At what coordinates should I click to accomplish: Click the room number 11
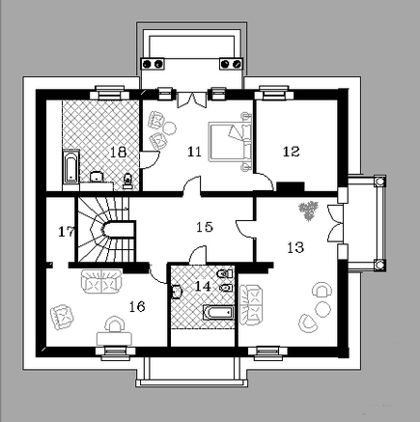point(194,152)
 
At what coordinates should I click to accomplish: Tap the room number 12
point(291,152)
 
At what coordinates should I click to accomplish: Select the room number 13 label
point(295,247)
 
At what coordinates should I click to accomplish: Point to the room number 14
point(203,286)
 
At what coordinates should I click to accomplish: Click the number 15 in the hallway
point(205,227)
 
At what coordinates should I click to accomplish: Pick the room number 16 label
point(137,307)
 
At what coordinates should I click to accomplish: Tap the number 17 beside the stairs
point(67,232)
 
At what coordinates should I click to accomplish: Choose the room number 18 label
point(118,152)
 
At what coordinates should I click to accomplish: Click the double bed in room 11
point(230,142)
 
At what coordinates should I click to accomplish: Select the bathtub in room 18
point(70,166)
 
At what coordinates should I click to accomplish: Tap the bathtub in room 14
point(218,313)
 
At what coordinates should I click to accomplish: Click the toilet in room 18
point(128,181)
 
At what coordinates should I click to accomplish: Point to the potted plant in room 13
point(309,211)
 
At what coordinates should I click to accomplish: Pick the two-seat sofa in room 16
point(101,281)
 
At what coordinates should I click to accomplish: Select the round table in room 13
point(322,309)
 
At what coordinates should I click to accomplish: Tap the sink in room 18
point(97,177)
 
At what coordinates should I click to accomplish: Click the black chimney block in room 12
point(291,186)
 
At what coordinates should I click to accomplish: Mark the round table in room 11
point(169,128)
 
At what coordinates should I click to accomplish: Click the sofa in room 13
point(251,305)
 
